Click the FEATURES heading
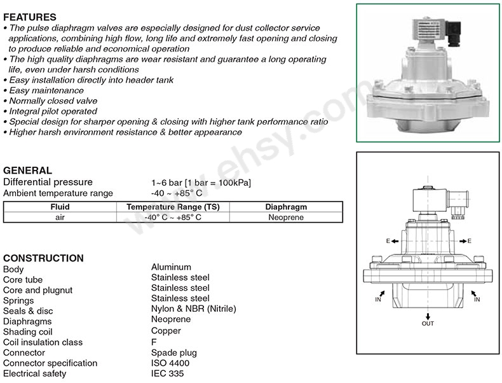point(30,17)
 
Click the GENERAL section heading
point(27,170)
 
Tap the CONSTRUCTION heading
point(44,258)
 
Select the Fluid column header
point(60,207)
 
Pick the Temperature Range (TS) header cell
point(173,207)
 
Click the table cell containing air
point(60,218)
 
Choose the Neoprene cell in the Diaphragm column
point(286,218)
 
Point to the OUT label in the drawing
point(428,323)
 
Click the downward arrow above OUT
point(428,316)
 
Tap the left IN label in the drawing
point(378,300)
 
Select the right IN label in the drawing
point(477,300)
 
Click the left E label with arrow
point(392,241)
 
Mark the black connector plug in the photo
point(454,33)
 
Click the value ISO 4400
point(170,363)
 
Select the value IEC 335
point(168,373)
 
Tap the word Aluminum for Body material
point(172,267)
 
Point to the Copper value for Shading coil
point(166,331)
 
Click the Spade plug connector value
point(174,353)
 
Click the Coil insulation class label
point(43,342)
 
